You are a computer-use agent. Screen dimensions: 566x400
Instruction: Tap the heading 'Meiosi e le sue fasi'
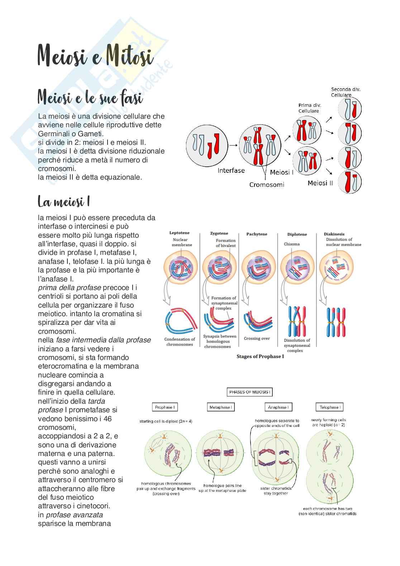click(x=90, y=97)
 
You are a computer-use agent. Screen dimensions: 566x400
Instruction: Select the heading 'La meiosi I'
click(x=63, y=202)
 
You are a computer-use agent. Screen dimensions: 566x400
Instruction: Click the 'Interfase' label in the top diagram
click(x=231, y=171)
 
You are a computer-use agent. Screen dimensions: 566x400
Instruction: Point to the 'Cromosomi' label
click(x=267, y=185)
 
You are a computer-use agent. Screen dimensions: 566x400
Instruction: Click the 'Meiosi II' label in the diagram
click(x=320, y=183)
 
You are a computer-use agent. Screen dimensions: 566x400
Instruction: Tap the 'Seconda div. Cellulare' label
click(x=346, y=92)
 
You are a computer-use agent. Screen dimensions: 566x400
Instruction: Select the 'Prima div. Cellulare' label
click(x=310, y=108)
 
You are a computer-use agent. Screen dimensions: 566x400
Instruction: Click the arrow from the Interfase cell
click(x=233, y=145)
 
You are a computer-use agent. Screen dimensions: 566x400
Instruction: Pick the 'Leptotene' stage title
click(x=179, y=233)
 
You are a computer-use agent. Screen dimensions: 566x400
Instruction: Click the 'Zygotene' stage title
click(x=219, y=233)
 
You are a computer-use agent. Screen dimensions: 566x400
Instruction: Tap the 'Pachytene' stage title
click(x=257, y=234)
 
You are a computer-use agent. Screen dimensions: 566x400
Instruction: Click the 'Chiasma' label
click(x=291, y=244)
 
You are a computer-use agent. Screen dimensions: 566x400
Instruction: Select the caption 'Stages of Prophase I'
click(x=260, y=357)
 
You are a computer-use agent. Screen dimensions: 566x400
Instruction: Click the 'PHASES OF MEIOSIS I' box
click(x=250, y=392)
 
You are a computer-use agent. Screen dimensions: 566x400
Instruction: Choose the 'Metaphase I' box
click(x=220, y=407)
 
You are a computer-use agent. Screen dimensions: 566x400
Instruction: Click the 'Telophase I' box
click(x=329, y=407)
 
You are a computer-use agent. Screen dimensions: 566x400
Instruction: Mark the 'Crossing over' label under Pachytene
click(x=257, y=338)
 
